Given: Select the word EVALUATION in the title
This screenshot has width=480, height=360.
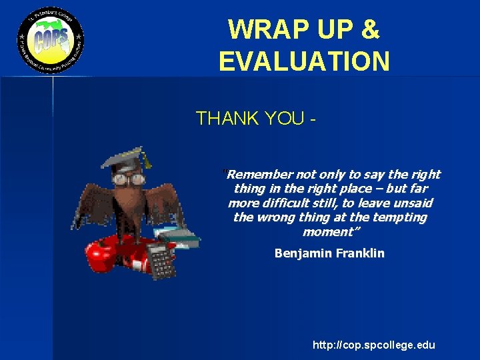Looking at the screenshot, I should pyautogui.click(x=304, y=61).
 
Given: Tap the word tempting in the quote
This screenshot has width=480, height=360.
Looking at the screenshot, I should pyautogui.click(x=403, y=218).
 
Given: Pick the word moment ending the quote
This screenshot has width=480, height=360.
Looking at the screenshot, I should pyautogui.click(x=327, y=232).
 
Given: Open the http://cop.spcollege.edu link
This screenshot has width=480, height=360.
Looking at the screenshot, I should pyautogui.click(x=373, y=345).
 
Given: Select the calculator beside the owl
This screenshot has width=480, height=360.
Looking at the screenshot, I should pyautogui.click(x=159, y=260).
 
